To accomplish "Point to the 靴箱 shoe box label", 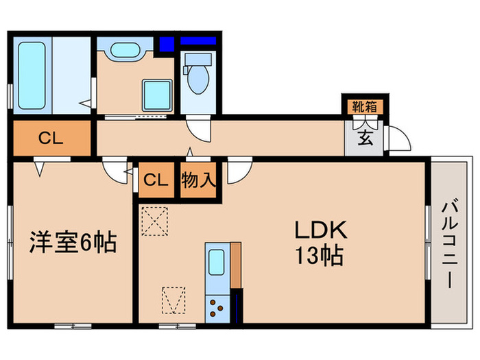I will (x=363, y=106).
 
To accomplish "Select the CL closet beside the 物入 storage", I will (x=156, y=180).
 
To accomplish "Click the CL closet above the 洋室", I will (x=51, y=139).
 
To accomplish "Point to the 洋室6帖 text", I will (x=72, y=242).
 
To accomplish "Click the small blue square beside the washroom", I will (x=166, y=44).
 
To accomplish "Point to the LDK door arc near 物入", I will (x=239, y=171).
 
